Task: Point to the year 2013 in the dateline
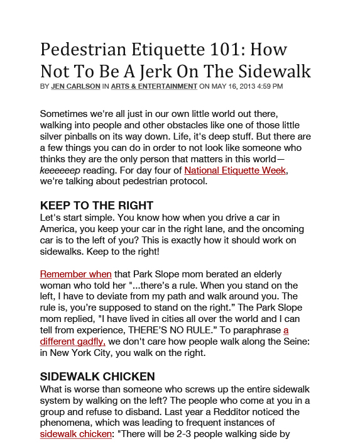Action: click(x=247, y=86)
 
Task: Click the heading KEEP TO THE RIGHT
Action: click(x=97, y=206)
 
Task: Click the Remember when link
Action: click(x=76, y=274)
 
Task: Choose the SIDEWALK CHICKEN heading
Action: click(x=97, y=377)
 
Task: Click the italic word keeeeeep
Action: click(x=60, y=170)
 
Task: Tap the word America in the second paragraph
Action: click(x=61, y=229)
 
